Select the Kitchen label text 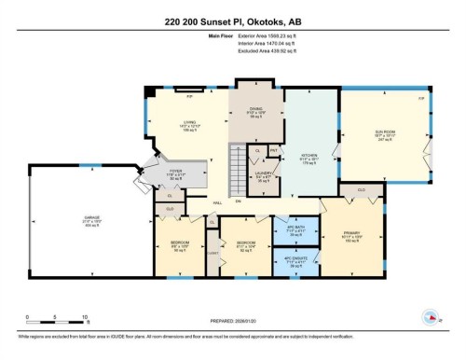(310, 157)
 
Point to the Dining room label (257, 111)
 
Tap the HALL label (216, 201)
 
